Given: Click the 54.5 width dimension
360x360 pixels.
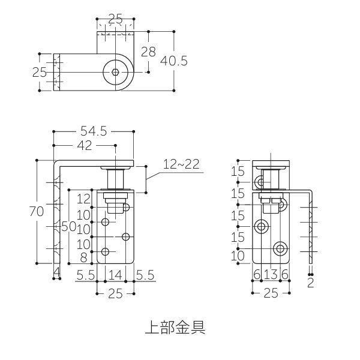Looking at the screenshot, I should [x=94, y=131].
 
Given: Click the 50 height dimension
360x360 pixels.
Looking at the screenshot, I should [x=69, y=226].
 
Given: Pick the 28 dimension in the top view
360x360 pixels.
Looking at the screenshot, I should [x=148, y=52].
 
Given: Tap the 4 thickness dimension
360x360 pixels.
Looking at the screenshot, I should [x=56, y=274].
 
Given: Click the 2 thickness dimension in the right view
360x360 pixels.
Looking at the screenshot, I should [x=310, y=282].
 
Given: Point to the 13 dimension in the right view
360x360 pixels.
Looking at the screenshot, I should [x=271, y=274].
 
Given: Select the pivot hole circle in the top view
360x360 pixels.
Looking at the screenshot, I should [x=115, y=73].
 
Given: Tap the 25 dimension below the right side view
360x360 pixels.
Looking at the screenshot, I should [x=271, y=293].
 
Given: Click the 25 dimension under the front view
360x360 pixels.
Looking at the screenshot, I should [x=115, y=293].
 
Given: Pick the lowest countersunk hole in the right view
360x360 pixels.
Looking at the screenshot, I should [x=280, y=248].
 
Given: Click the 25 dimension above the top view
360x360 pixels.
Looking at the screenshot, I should [x=115, y=20].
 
